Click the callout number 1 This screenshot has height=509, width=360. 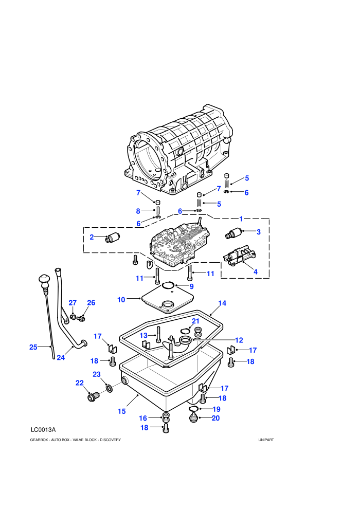tap(241, 219)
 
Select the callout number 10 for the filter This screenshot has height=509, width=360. tap(121, 300)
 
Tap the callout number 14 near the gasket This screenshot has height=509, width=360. tap(222, 303)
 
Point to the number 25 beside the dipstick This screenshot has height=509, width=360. tap(33, 347)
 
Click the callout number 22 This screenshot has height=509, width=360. tap(80, 383)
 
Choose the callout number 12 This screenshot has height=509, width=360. tap(239, 340)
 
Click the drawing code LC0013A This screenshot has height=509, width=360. tap(43, 430)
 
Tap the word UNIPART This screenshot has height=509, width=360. tap(266, 440)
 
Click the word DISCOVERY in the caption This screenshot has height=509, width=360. tap(111, 440)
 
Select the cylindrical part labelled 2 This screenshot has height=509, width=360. tap(113, 238)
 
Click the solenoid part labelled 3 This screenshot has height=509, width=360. tap(233, 233)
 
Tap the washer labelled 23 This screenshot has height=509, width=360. tap(110, 388)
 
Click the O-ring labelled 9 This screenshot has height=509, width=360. tap(168, 285)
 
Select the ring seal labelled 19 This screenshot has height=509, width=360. tap(193, 408)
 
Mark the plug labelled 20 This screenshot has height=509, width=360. tap(194, 418)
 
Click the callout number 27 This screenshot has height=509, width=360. tap(73, 303)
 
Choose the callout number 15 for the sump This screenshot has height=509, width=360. tap(121, 411)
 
